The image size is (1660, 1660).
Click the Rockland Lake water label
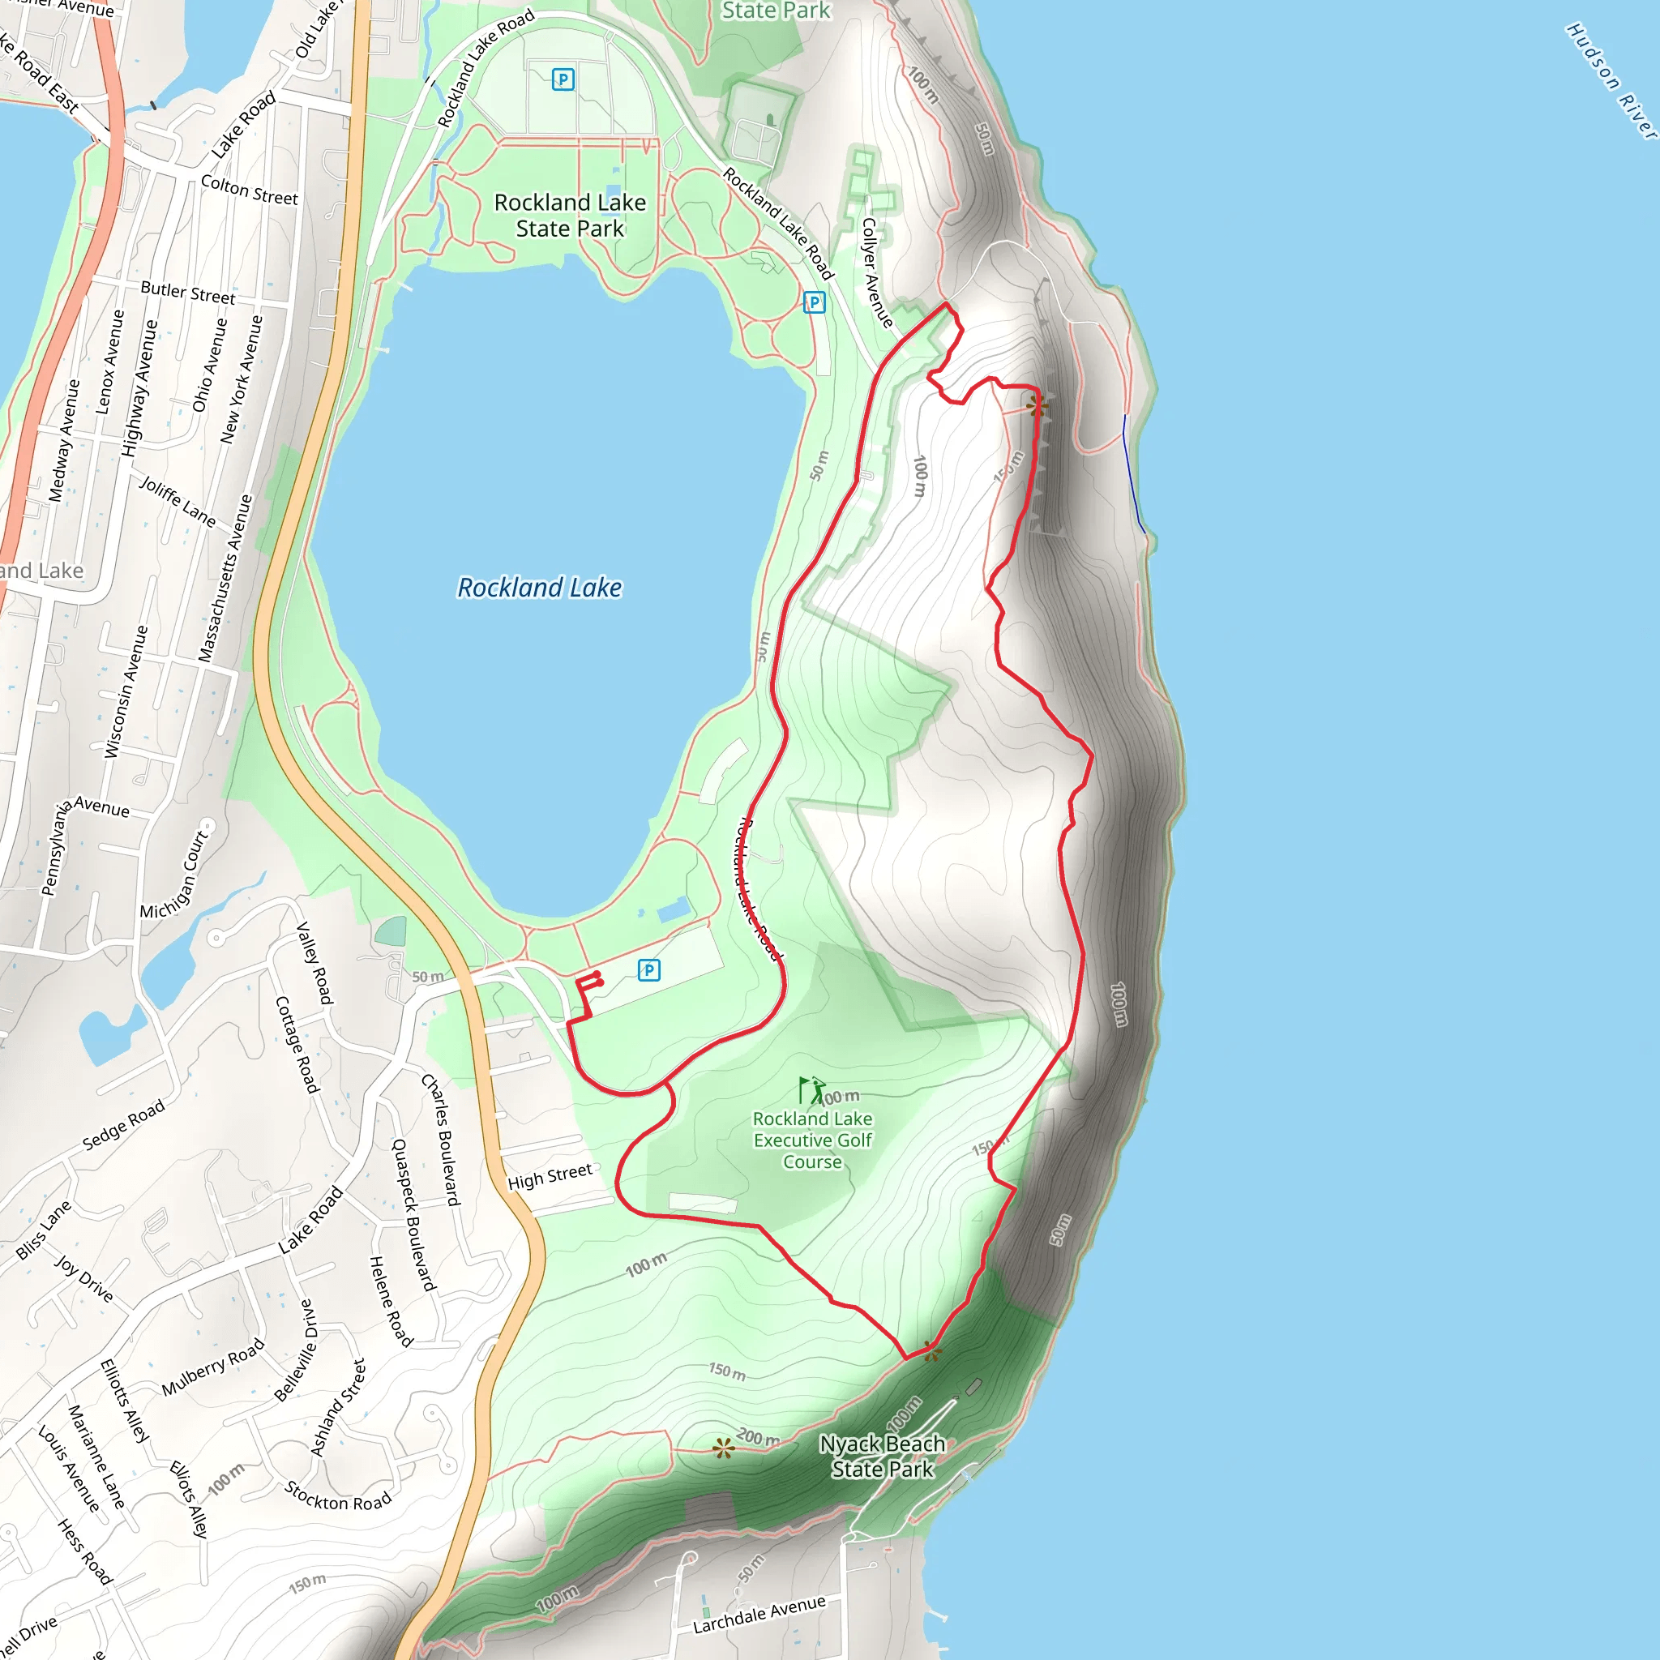tap(539, 588)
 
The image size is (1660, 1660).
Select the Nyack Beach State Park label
tap(882, 1457)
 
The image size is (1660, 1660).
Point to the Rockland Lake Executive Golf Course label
tap(812, 1140)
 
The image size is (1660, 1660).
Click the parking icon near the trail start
tap(648, 970)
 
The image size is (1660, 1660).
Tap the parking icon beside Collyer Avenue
tap(814, 302)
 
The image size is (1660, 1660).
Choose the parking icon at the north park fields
tap(563, 80)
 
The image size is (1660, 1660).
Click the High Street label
tap(550, 1176)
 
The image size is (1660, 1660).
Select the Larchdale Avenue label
tap(759, 1615)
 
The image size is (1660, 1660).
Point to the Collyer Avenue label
tap(876, 272)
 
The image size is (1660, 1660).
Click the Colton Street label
tap(249, 190)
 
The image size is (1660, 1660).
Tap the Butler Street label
tap(187, 292)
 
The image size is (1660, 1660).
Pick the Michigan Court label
tap(174, 875)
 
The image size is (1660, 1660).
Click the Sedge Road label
tap(123, 1125)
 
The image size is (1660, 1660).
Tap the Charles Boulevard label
tap(441, 1139)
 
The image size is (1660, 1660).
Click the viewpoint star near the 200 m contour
tap(724, 1448)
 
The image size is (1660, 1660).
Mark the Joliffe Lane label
tap(178, 502)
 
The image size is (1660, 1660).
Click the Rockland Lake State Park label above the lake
tap(570, 215)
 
